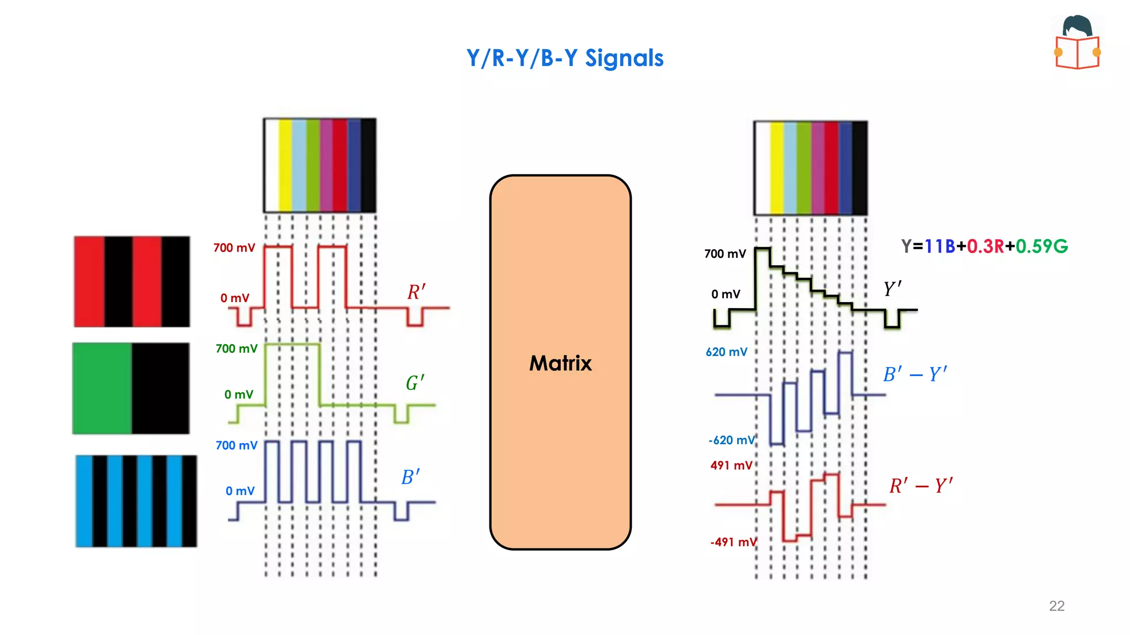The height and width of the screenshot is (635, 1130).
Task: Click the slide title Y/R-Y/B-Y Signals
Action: click(x=564, y=58)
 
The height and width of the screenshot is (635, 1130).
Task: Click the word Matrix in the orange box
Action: click(x=560, y=363)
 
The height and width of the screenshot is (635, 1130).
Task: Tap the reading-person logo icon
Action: click(x=1077, y=42)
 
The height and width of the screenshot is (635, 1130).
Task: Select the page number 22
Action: click(x=1057, y=606)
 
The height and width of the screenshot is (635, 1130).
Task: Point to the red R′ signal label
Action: click(x=416, y=292)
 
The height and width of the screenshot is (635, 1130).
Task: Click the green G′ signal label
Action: click(x=415, y=383)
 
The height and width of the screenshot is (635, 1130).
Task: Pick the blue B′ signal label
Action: click(x=411, y=477)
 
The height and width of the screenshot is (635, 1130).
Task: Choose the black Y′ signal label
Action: click(x=892, y=289)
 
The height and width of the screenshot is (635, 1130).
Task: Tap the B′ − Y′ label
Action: click(x=915, y=374)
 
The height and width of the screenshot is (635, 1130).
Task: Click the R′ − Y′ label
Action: click(x=921, y=486)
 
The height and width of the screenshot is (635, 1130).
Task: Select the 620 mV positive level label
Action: click(x=726, y=352)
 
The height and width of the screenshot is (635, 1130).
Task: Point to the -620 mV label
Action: click(x=731, y=440)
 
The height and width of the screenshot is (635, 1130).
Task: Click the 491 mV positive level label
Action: click(x=731, y=466)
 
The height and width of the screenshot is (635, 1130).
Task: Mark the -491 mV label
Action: click(x=733, y=542)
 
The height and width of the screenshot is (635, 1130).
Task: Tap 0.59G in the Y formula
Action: click(x=1042, y=246)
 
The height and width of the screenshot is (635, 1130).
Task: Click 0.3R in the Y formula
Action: click(x=985, y=246)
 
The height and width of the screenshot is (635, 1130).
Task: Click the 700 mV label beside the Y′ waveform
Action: click(x=725, y=254)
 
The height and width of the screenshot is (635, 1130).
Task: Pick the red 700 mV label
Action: click(x=234, y=248)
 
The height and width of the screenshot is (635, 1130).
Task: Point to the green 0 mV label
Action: click(x=238, y=395)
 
